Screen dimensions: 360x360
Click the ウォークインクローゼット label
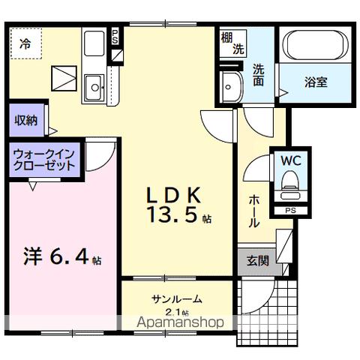[43, 160]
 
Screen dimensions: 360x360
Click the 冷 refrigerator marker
[26, 44]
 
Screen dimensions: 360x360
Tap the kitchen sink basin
[95, 87]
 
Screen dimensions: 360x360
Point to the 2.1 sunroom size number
[175, 311]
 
